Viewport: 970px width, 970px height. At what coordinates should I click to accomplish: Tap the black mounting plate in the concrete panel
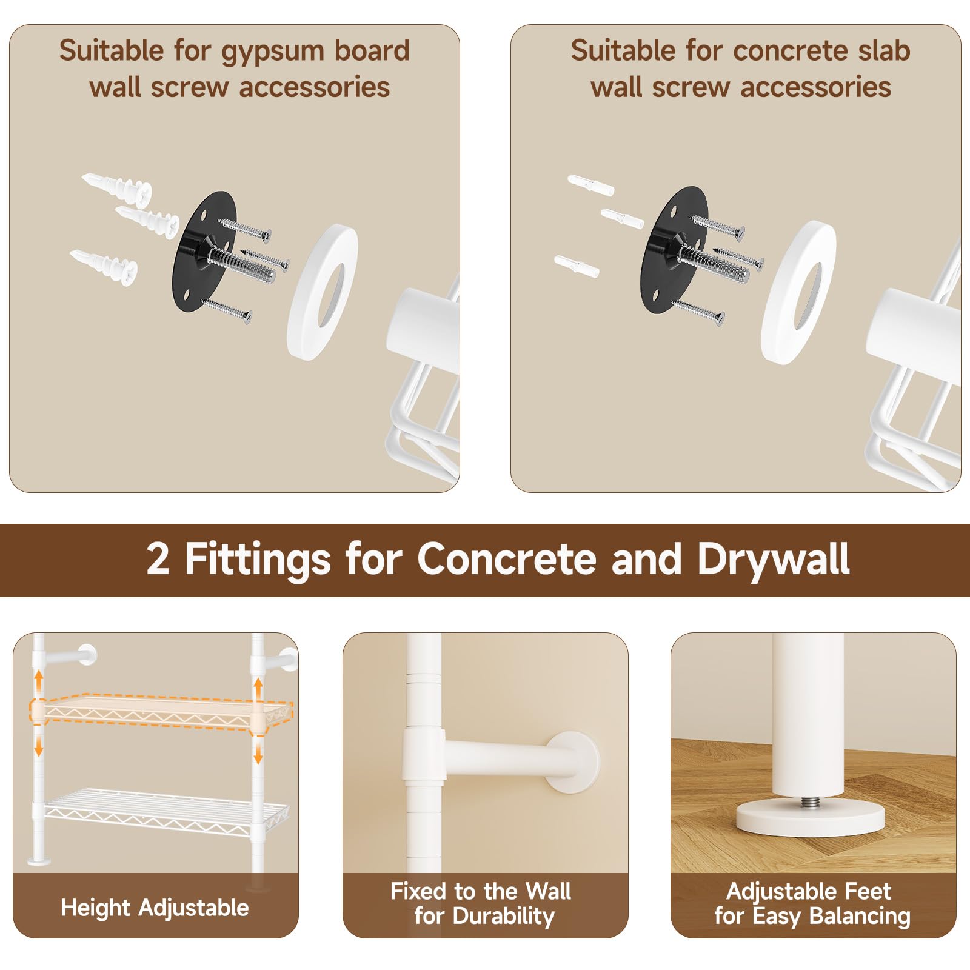coord(674,250)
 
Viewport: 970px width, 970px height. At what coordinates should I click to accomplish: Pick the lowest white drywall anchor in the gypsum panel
coord(103,265)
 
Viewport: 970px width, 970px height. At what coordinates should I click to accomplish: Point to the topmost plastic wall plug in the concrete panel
coord(590,185)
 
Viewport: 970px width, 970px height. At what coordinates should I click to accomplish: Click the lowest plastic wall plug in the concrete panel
coord(577,266)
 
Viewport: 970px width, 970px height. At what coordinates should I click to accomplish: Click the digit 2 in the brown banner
coord(158,558)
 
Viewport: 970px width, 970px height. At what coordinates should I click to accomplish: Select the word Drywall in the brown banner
coord(773,560)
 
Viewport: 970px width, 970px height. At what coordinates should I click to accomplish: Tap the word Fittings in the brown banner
coord(258,560)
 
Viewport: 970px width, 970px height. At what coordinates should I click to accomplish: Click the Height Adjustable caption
coord(155,908)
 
